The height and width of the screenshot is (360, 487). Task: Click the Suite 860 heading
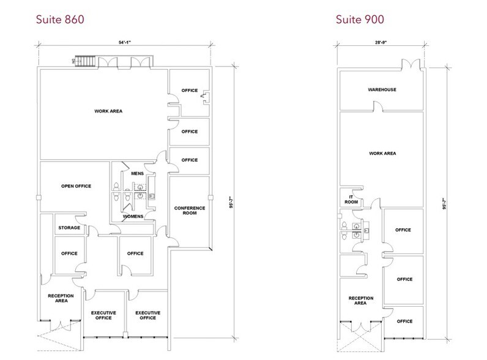(60, 19)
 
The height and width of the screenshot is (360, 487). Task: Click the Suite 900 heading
(360, 19)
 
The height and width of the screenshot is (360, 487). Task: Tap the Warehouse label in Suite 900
(382, 89)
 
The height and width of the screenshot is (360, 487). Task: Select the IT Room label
(351, 199)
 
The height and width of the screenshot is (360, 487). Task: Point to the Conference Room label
(190, 211)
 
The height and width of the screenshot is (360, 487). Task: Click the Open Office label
(76, 186)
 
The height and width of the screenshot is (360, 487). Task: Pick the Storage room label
(69, 228)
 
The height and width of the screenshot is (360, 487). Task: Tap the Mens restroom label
(137, 173)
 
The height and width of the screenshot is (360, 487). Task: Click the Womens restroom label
(133, 216)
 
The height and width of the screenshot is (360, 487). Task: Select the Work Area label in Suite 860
(108, 111)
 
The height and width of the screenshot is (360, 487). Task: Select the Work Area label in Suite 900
(382, 153)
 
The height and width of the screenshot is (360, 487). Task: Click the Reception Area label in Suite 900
(360, 301)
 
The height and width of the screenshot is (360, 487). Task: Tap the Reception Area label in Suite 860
(61, 298)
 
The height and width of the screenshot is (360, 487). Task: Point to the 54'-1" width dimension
(125, 42)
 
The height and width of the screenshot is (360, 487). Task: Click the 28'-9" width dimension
(381, 42)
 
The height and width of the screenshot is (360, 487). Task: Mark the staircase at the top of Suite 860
(85, 61)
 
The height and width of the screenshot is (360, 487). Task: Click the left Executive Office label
(103, 315)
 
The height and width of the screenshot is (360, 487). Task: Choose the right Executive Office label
(148, 315)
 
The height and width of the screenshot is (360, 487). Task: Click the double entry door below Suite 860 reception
(61, 326)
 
